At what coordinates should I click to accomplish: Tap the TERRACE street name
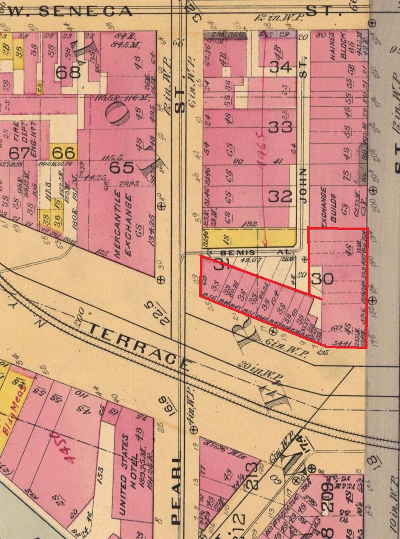click(139, 343)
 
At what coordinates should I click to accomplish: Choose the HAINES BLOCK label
click(337, 47)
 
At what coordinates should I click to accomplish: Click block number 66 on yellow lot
click(63, 152)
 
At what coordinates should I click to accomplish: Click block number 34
click(281, 67)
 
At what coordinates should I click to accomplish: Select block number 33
click(281, 126)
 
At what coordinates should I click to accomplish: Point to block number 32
click(280, 196)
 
